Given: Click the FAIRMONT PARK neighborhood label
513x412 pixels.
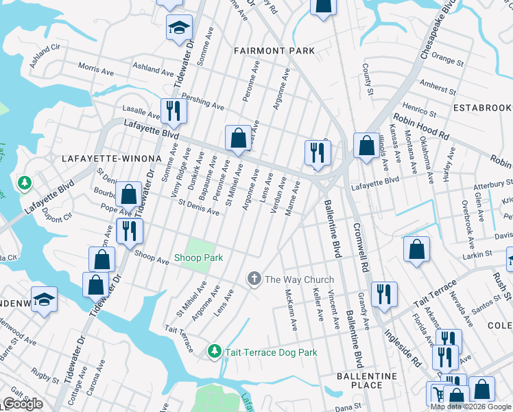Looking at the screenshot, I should [274, 51].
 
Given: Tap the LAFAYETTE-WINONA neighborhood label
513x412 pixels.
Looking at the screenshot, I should [111, 159].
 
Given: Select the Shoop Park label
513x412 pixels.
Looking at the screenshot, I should [199, 257].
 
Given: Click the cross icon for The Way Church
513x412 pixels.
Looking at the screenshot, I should [254, 279].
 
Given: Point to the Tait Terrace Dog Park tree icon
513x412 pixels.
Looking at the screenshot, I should [215, 352].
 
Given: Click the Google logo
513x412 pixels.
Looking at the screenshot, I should [23, 404].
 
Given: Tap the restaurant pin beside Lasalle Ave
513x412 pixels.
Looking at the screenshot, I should [174, 113].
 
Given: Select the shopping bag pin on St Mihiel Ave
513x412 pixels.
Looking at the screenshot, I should [237, 138].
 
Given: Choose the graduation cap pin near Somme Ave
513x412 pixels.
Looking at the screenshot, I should [179, 29].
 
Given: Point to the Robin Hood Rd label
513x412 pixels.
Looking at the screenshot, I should [420, 126].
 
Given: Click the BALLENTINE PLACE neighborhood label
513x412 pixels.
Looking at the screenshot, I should [366, 380].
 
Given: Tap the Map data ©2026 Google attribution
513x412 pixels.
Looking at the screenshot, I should [471, 407].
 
